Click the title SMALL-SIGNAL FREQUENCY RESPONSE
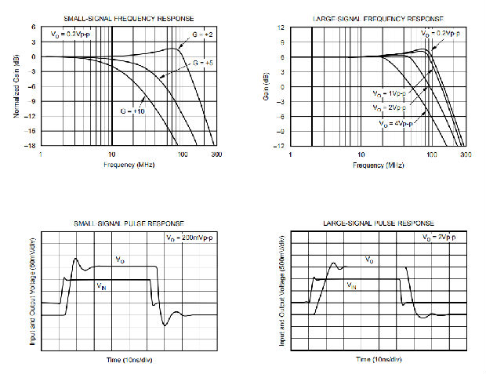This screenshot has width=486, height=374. click(130, 18)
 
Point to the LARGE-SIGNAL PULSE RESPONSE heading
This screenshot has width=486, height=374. click(379, 223)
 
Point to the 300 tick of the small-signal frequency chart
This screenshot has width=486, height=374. click(216, 155)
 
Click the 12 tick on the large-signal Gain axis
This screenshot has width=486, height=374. click(280, 27)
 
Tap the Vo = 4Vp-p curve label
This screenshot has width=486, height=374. click(397, 125)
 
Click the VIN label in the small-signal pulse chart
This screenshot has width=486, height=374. click(101, 287)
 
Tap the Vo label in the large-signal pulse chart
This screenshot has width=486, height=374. click(368, 259)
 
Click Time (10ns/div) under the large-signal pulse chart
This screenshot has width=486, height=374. click(379, 359)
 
